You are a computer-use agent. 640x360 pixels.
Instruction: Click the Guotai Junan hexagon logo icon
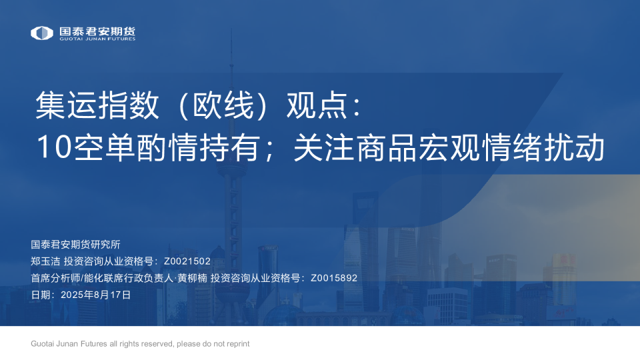click(x=41, y=33)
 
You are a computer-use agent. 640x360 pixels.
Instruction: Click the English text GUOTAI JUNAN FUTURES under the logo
click(x=97, y=39)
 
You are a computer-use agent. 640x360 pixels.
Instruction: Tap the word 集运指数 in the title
click(x=97, y=105)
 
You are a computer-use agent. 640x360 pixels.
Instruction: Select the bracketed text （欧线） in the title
click(x=223, y=105)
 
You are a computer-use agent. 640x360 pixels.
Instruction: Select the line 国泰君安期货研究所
click(x=75, y=245)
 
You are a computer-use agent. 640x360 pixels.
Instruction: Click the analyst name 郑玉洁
click(x=45, y=261)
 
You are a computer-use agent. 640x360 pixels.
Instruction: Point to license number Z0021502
click(x=187, y=261)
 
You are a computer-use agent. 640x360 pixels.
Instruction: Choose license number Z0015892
click(x=334, y=278)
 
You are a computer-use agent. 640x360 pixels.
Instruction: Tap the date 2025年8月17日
click(x=95, y=295)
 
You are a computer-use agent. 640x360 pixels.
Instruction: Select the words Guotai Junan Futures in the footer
click(x=69, y=344)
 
